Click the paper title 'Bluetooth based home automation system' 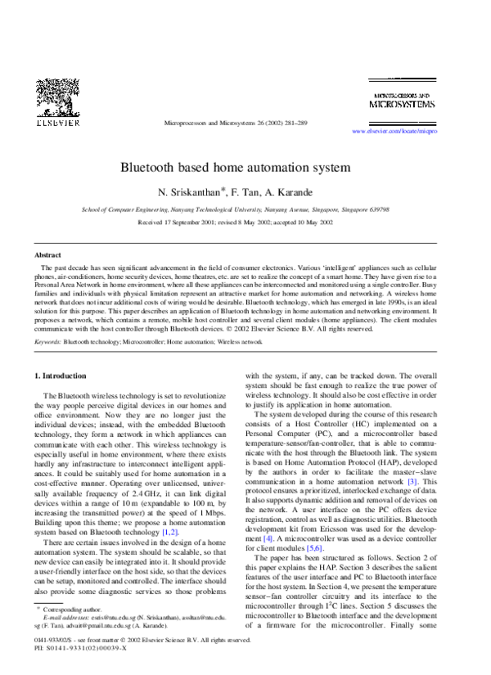pos(236,168)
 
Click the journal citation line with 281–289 pos(236,123)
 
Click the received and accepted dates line pos(236,222)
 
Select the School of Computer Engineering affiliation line pos(236,209)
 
